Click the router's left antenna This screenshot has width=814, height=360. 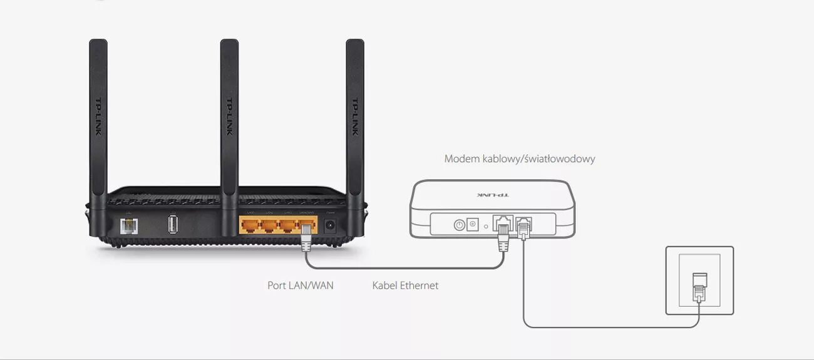point(98,119)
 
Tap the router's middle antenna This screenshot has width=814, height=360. point(229,119)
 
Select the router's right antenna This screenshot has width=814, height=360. point(355,119)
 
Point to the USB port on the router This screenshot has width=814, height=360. point(173,224)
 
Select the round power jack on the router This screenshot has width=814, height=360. point(330,225)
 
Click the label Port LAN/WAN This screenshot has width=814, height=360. point(301,285)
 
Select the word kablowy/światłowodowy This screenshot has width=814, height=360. point(539,159)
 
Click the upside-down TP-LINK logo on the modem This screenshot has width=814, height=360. point(493,195)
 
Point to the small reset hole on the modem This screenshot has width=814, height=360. point(486,225)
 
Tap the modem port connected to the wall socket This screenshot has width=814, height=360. point(523,224)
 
